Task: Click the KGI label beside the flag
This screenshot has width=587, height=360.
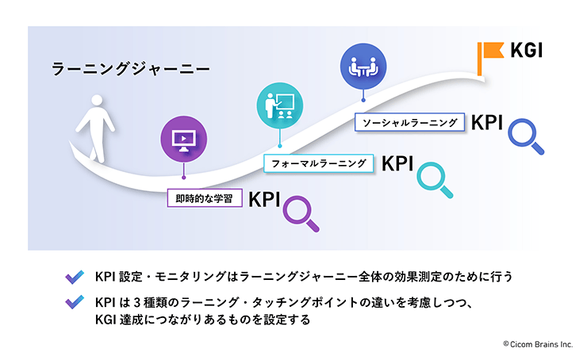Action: tap(527, 50)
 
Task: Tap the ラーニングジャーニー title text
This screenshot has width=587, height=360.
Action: tap(130, 69)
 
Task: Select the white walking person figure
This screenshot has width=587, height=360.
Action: tap(95, 128)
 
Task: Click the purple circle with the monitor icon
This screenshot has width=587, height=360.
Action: tap(184, 139)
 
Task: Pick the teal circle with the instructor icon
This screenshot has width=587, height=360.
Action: tap(280, 105)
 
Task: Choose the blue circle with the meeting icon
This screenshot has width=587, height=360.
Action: tap(363, 67)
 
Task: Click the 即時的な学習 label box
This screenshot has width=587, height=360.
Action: tap(205, 198)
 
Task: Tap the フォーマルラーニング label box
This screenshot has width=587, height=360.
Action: tap(319, 163)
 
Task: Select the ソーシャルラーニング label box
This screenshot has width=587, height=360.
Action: tap(409, 122)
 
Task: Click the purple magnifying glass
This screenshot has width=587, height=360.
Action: tap(301, 213)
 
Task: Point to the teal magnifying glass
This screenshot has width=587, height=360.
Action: tap(435, 180)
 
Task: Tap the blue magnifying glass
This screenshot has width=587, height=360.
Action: tap(526, 136)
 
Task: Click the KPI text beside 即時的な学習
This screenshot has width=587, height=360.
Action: tap(264, 200)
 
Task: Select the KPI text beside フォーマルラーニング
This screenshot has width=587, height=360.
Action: tap(397, 164)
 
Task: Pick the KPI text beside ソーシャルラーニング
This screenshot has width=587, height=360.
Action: tap(487, 122)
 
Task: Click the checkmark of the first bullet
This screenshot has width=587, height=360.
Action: tap(75, 278)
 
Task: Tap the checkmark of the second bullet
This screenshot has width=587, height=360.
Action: tap(75, 302)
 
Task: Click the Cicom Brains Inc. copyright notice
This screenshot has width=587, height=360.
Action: tap(538, 344)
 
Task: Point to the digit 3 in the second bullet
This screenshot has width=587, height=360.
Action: tap(136, 302)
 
